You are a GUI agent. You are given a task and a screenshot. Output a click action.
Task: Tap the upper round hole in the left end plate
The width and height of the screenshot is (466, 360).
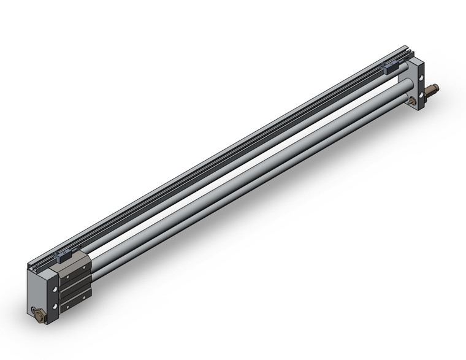pyautogui.click(x=55, y=289)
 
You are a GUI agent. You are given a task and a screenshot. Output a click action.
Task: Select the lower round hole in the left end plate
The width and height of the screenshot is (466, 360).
pyautogui.click(x=55, y=305)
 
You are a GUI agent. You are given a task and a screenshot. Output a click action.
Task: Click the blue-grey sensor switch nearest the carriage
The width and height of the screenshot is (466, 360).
pyautogui.click(x=63, y=256)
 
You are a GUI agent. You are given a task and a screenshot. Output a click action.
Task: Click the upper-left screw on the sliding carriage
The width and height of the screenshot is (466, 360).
pyautogui.click(x=67, y=277)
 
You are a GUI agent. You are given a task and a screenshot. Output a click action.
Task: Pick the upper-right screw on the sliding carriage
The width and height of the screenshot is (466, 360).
pyautogui.click(x=84, y=267)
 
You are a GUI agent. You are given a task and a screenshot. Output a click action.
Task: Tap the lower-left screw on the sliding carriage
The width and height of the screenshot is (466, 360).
pyautogui.click(x=67, y=307)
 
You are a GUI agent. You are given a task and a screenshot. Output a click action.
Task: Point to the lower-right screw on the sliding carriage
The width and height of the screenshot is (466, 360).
pyautogui.click(x=84, y=297)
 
